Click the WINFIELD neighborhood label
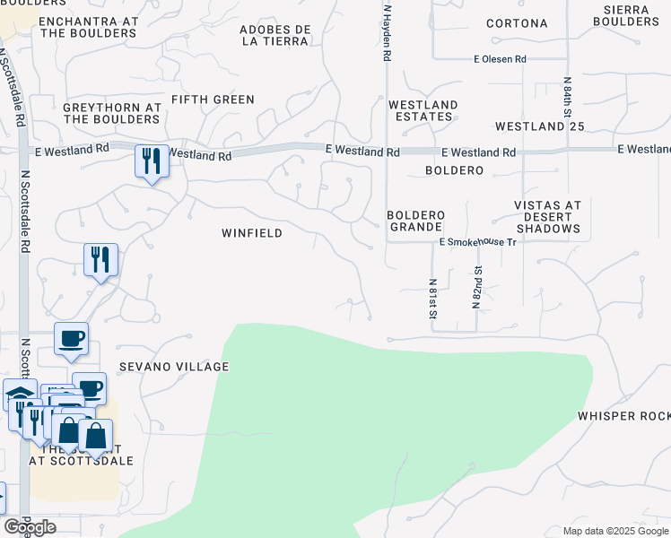(252, 233)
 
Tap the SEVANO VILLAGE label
(175, 367)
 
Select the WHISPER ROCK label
(623, 416)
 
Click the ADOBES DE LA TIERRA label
(275, 35)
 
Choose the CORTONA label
(517, 23)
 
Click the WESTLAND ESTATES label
(423, 111)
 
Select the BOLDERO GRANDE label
(416, 221)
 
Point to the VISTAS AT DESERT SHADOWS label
(547, 217)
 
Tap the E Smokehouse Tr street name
(478, 242)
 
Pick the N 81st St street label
(431, 298)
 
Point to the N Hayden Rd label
(387, 32)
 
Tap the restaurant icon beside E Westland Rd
(151, 161)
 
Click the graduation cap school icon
(19, 395)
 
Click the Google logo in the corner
(29, 527)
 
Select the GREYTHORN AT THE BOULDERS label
(112, 113)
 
